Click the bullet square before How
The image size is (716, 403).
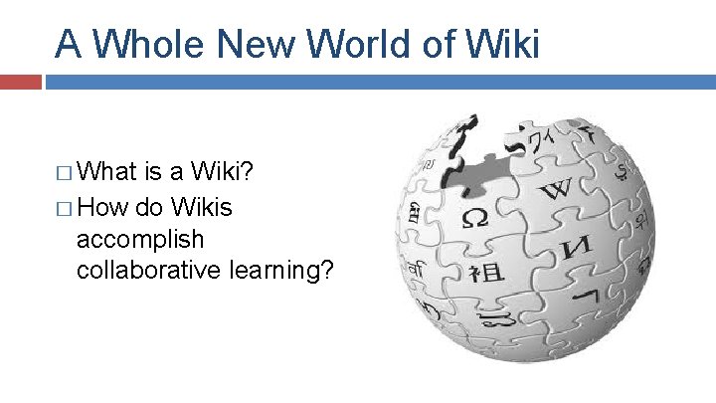point(65,209)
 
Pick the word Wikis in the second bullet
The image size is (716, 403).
point(202,208)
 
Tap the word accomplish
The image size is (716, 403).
point(140,241)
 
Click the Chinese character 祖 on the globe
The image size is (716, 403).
point(487,271)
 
